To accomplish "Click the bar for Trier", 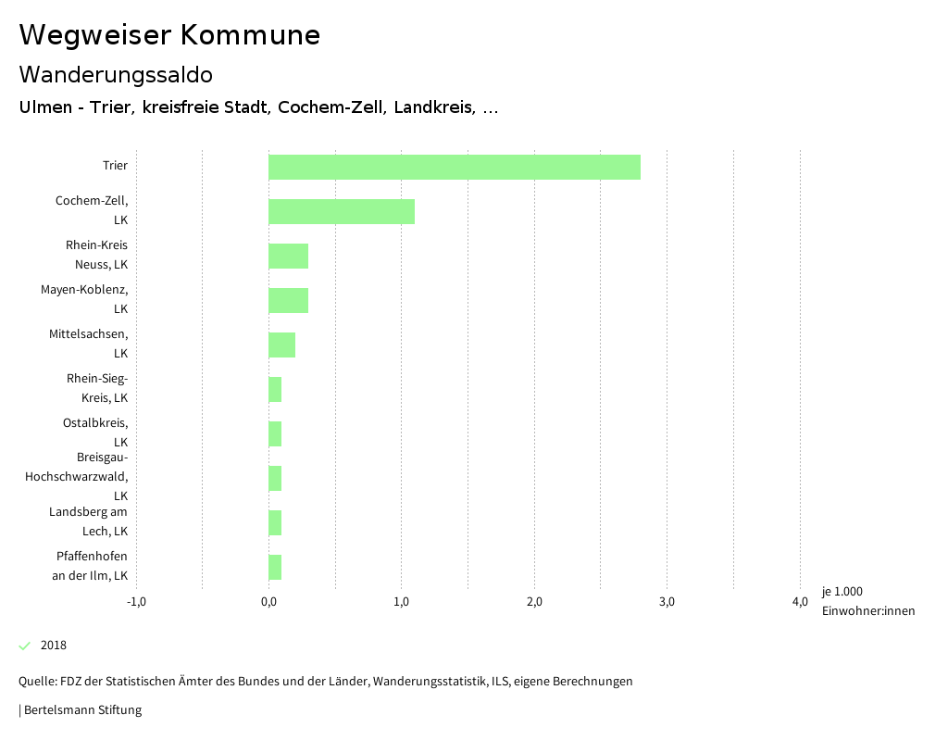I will click(x=454, y=167).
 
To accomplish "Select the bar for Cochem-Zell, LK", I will click(x=341, y=211).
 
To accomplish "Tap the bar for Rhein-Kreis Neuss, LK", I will click(x=288, y=256).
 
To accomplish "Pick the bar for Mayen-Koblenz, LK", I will click(x=288, y=300).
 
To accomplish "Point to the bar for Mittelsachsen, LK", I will click(x=281, y=345).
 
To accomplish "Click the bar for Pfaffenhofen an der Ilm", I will click(x=275, y=567).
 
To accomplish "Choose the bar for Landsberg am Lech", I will click(x=275, y=522).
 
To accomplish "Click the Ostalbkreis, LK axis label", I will click(x=101, y=433).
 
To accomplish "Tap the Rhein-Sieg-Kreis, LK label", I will click(x=96, y=388).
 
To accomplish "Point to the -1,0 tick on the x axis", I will click(x=136, y=602).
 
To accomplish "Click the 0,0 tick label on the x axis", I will click(x=268, y=602).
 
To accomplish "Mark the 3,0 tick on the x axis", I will click(x=667, y=602).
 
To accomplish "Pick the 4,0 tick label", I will click(x=800, y=602).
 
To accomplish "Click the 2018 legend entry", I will click(x=53, y=646).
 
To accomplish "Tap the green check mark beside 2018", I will click(x=25, y=646).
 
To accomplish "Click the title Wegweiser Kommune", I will click(x=169, y=35).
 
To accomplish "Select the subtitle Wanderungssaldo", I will click(x=116, y=74).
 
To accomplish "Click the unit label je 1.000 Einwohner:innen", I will click(x=867, y=601).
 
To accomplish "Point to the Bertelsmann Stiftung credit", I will click(x=81, y=710).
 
